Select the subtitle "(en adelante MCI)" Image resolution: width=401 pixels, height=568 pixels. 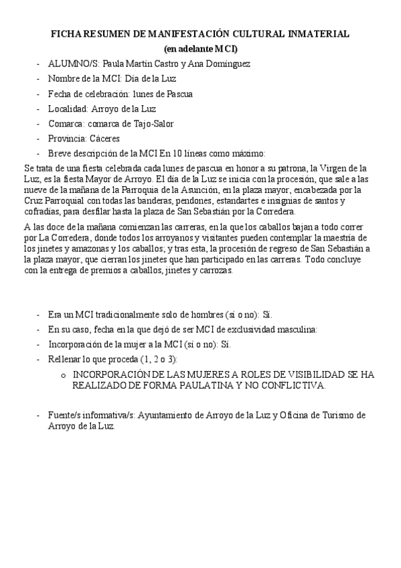pyautogui.click(x=201, y=48)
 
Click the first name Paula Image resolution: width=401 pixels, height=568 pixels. pyautogui.click(x=114, y=64)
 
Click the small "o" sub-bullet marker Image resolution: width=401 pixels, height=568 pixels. pyautogui.click(x=64, y=375)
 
